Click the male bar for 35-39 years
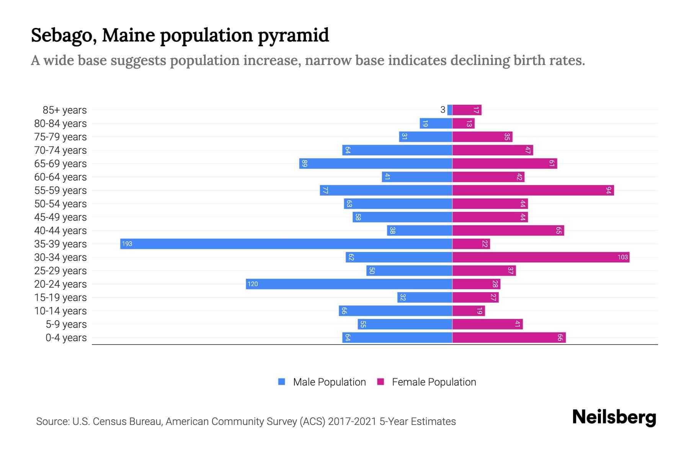pyautogui.click(x=286, y=244)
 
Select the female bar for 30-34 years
pyautogui.click(x=540, y=257)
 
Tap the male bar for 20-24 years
pyautogui.click(x=349, y=284)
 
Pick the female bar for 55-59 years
pyautogui.click(x=533, y=190)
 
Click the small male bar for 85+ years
pyautogui.click(x=450, y=110)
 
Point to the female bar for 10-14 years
pyautogui.click(x=469, y=311)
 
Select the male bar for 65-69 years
pyautogui.click(x=376, y=163)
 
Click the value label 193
pyautogui.click(x=127, y=244)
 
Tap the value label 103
pyautogui.click(x=622, y=257)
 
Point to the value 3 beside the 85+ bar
pyautogui.click(x=442, y=110)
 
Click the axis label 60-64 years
pyautogui.click(x=60, y=177)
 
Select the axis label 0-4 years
pyautogui.click(x=66, y=338)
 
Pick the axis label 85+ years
pyautogui.click(x=65, y=110)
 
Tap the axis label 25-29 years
pyautogui.click(x=60, y=271)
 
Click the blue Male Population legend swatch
pyautogui.click(x=282, y=382)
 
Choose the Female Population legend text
pyautogui.click(x=434, y=382)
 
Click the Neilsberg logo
pyautogui.click(x=614, y=417)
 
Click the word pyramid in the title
pyautogui.click(x=293, y=36)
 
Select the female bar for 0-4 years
pyautogui.click(x=509, y=337)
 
